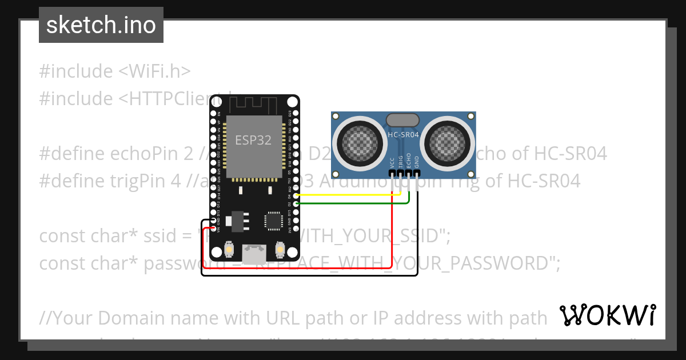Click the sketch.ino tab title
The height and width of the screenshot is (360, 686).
click(x=101, y=25)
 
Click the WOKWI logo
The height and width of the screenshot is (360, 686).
click(x=607, y=315)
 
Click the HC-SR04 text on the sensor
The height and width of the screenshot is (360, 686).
click(x=404, y=135)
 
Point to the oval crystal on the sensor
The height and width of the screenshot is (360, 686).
click(x=403, y=120)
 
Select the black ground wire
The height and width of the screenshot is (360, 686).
click(x=417, y=240)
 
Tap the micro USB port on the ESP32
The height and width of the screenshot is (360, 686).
click(x=254, y=252)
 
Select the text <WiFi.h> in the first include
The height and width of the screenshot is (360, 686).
click(x=155, y=71)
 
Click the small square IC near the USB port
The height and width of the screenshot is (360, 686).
click(x=273, y=221)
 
